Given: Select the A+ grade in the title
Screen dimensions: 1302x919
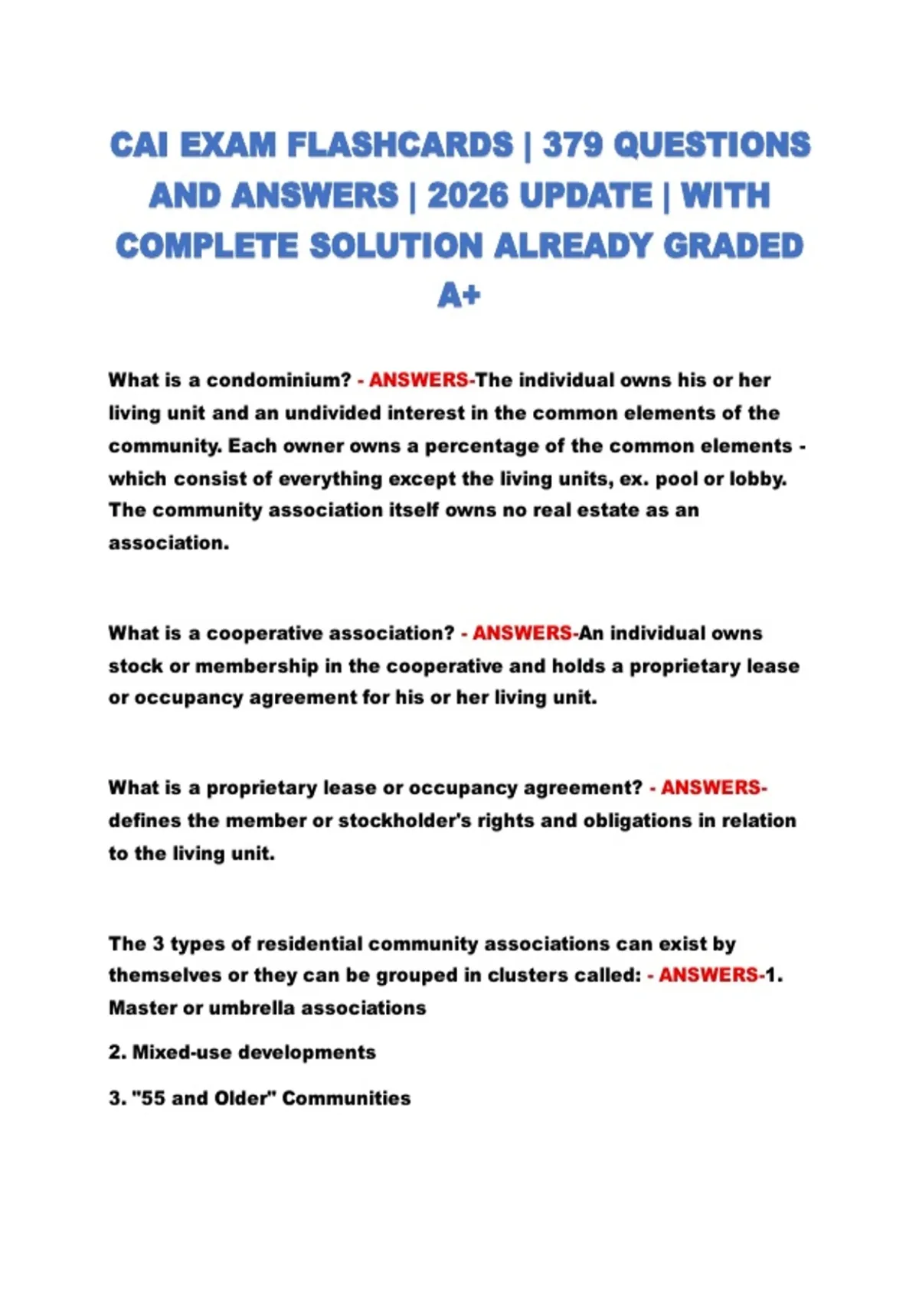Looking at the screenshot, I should (x=459, y=295).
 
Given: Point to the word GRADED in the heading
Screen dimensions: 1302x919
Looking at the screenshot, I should (x=733, y=247).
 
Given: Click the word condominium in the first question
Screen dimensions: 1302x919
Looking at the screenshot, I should (x=278, y=380).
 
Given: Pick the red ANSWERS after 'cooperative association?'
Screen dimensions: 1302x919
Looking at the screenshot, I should (x=522, y=633).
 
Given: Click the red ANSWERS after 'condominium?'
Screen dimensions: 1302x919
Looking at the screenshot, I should (x=419, y=380).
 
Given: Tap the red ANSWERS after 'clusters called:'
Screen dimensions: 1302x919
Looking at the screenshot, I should (x=708, y=975).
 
